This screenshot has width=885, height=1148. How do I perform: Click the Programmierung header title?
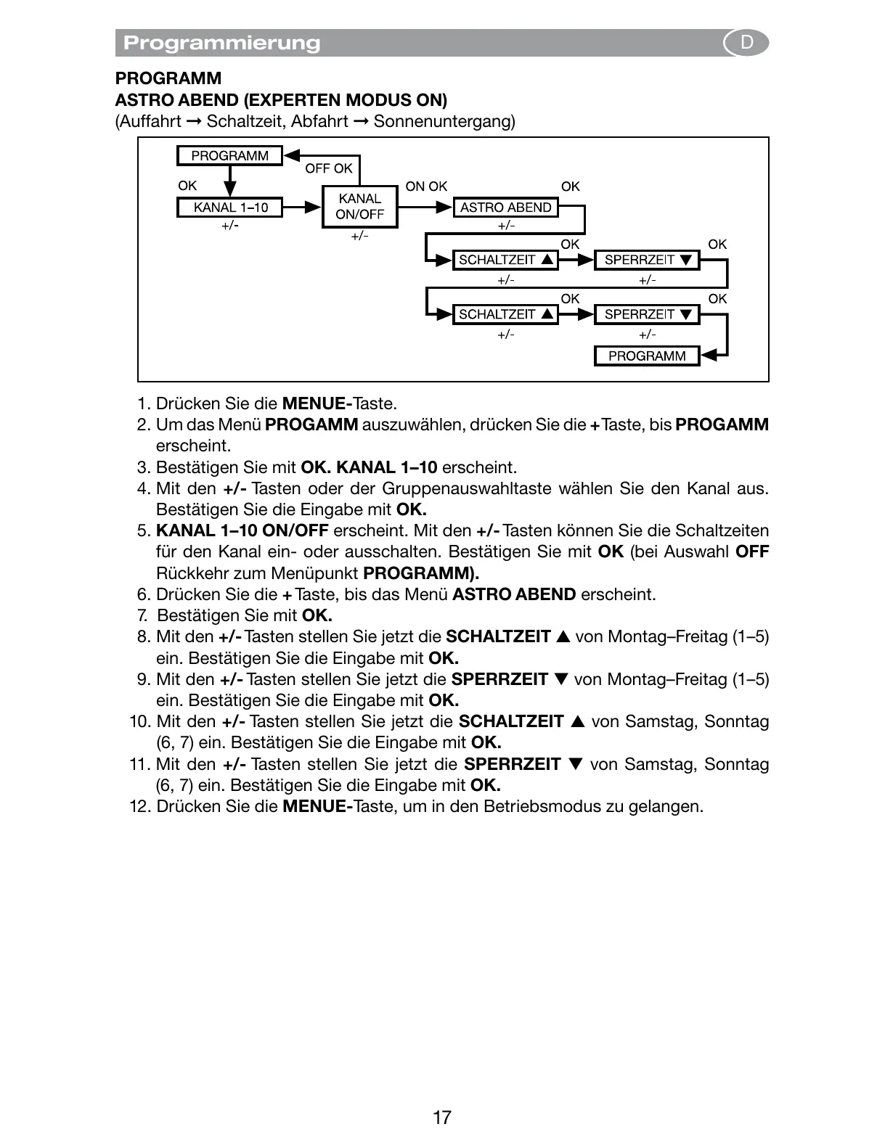(x=221, y=43)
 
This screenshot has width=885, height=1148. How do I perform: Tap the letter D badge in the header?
(x=746, y=43)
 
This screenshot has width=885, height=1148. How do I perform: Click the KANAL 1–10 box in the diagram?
(x=230, y=208)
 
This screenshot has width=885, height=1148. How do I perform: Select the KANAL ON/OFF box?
(x=359, y=207)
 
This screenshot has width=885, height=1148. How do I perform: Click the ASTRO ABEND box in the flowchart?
(x=506, y=208)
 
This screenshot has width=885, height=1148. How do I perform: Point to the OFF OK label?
(x=328, y=168)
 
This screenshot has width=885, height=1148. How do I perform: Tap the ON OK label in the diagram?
(x=426, y=186)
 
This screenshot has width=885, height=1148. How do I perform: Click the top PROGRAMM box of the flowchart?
(x=229, y=156)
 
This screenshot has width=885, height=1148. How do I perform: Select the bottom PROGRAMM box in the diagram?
(x=647, y=356)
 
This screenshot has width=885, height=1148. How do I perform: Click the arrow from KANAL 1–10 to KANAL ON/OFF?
(x=302, y=208)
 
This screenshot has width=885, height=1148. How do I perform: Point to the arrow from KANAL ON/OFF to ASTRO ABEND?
(x=425, y=208)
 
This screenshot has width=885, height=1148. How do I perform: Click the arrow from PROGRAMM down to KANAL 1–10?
(x=230, y=181)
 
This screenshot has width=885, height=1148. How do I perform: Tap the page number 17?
(x=442, y=1118)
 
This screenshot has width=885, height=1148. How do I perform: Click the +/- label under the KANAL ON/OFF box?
(x=359, y=237)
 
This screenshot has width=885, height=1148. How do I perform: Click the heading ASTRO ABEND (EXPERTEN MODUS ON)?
(x=281, y=99)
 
